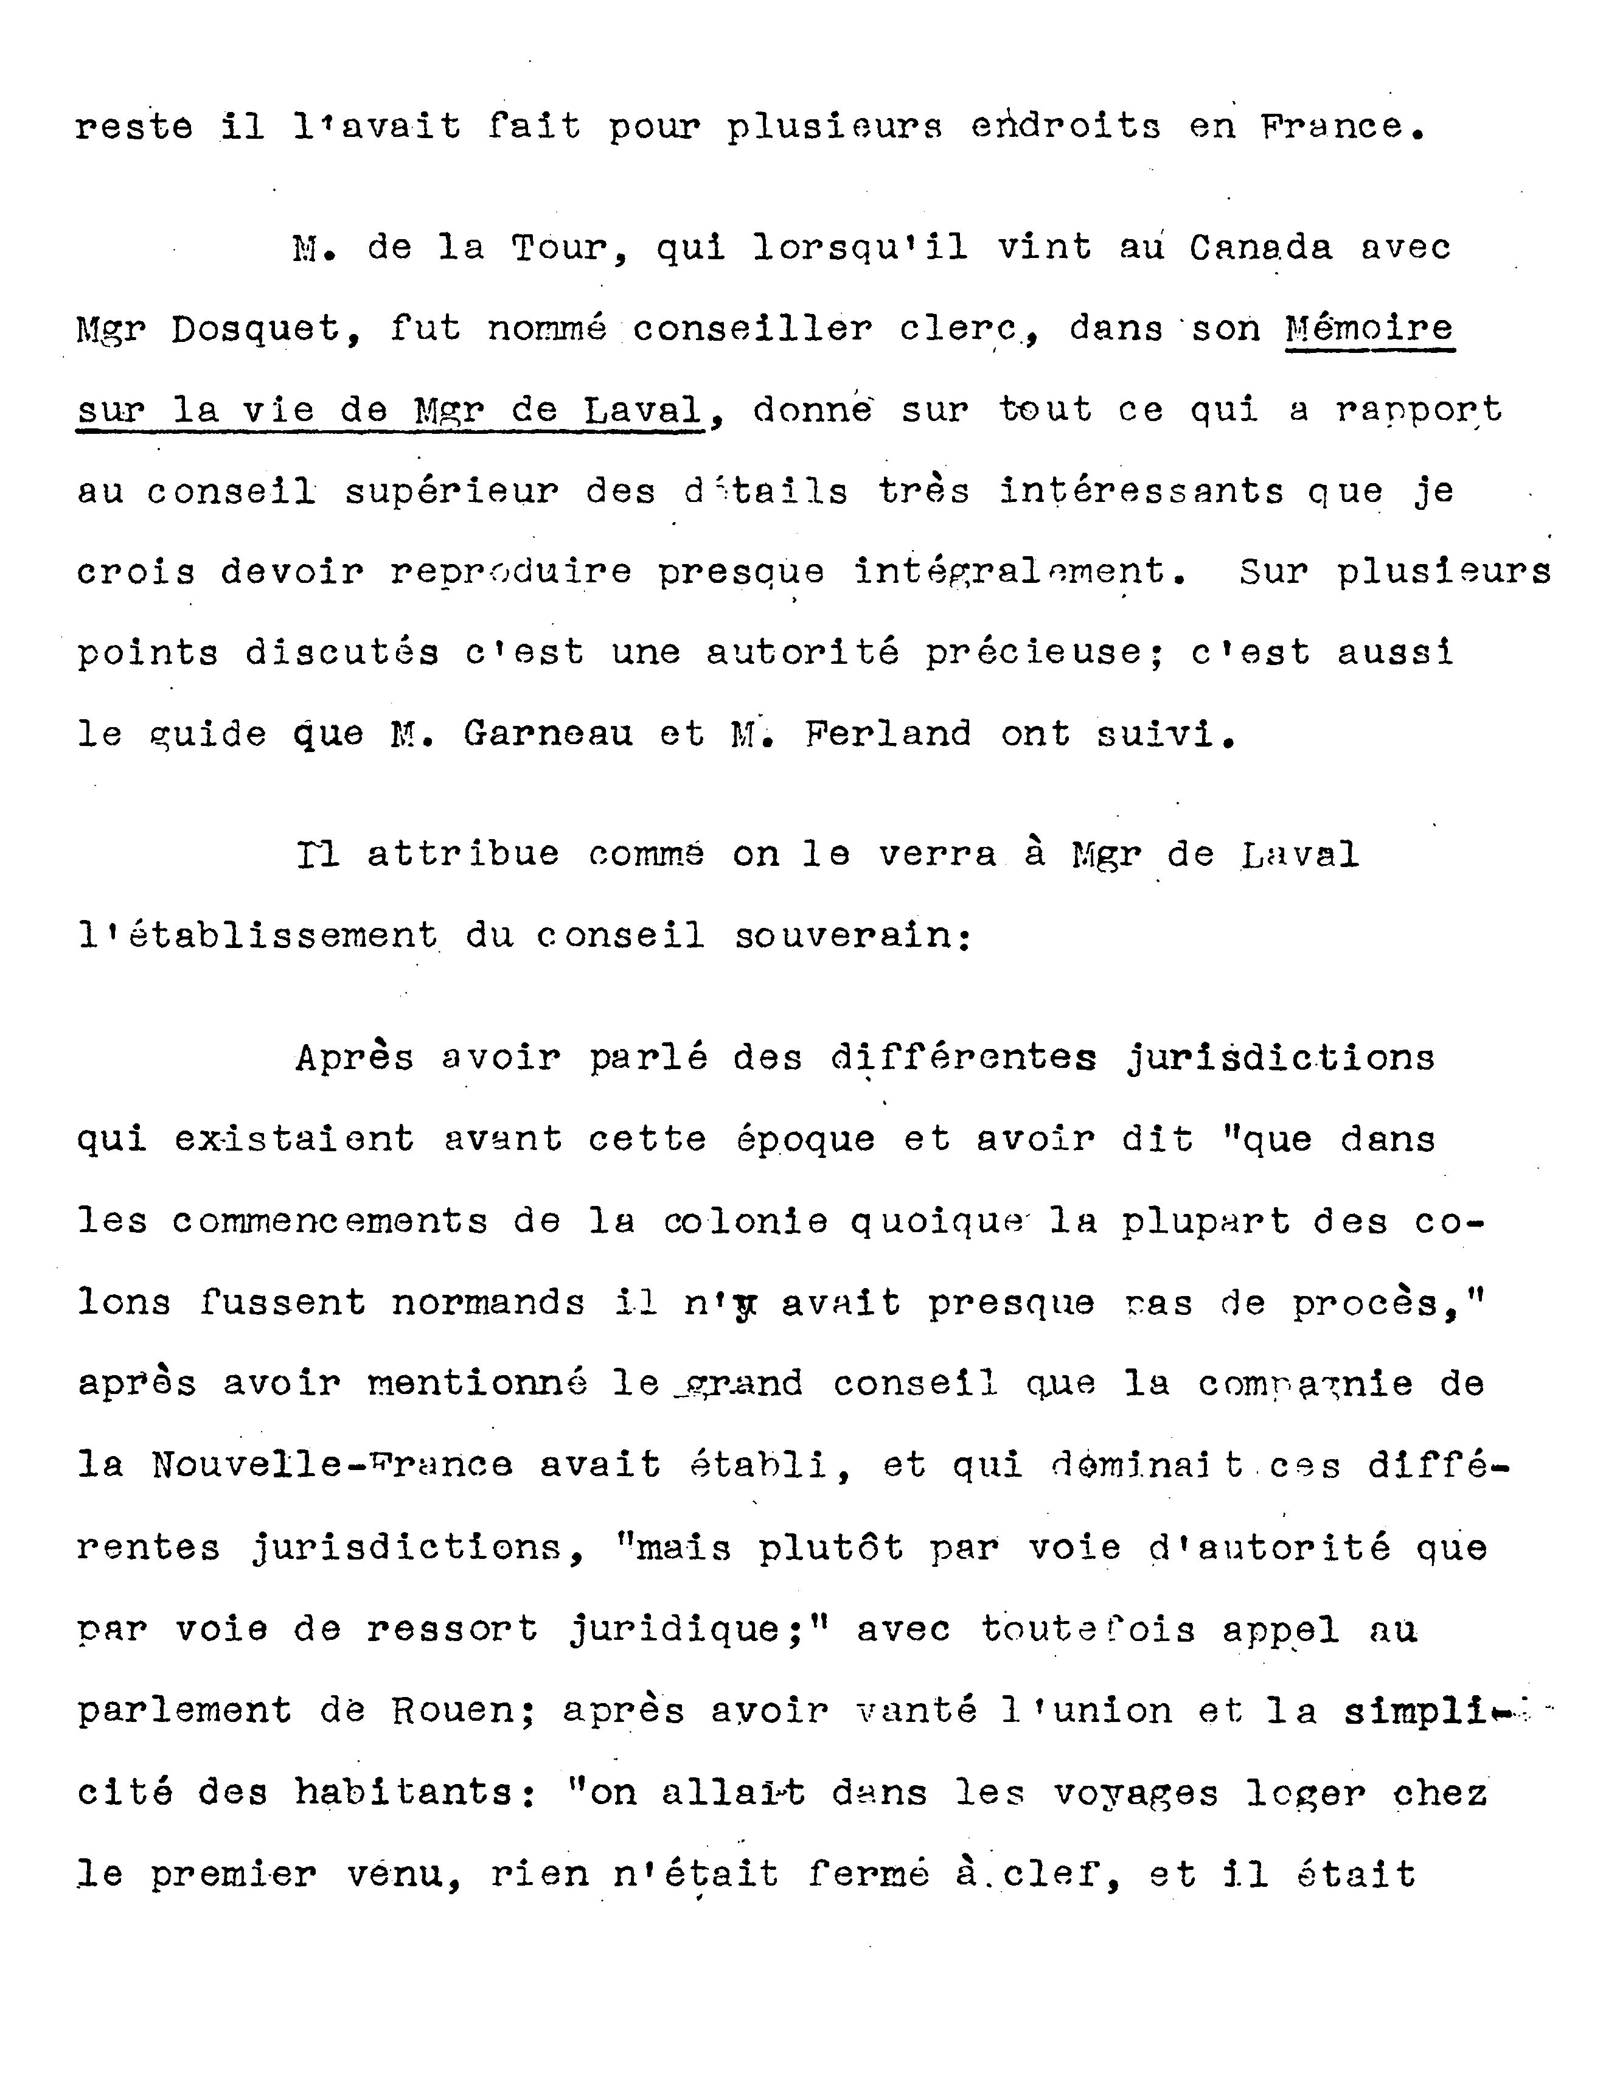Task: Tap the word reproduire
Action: [510, 573]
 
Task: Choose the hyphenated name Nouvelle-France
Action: [331, 1465]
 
